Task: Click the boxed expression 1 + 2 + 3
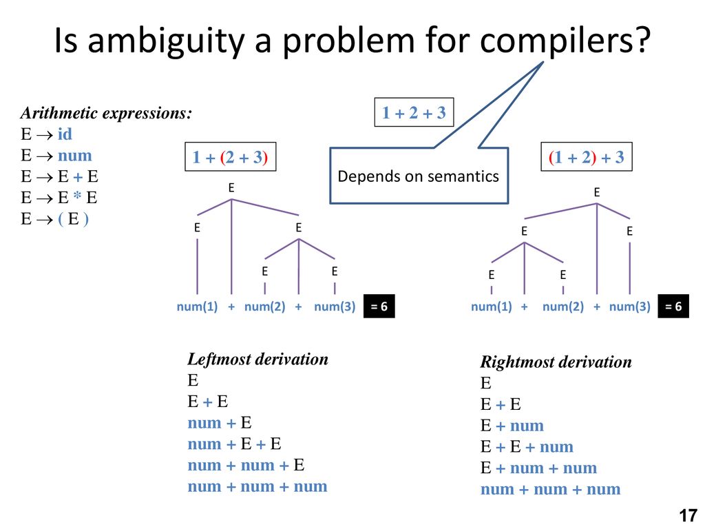414,114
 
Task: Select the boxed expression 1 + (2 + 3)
229,158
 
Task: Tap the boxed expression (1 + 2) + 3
586,158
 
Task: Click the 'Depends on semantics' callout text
418,176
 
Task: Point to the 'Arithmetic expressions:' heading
106,114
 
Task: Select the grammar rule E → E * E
59,198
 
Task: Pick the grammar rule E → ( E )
55,219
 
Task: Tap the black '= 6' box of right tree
673,307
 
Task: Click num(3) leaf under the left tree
335,307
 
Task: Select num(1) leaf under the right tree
491,307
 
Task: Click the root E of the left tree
231,187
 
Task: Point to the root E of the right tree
597,194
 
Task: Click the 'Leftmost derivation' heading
257,359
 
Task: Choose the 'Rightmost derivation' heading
556,362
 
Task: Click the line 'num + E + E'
235,444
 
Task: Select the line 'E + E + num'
527,447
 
